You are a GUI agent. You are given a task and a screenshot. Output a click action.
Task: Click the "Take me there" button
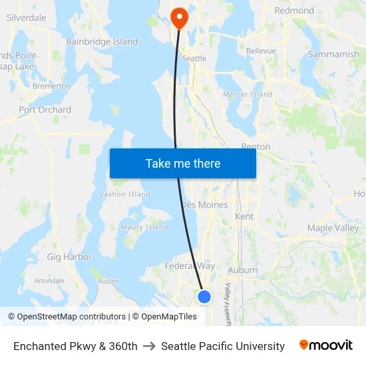(x=183, y=163)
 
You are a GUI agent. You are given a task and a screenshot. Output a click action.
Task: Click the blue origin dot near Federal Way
(x=204, y=297)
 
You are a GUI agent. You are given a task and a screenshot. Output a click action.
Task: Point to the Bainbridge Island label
(x=102, y=41)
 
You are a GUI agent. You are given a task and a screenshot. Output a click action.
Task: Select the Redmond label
(x=294, y=11)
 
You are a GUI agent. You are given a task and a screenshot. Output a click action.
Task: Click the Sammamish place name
(x=333, y=54)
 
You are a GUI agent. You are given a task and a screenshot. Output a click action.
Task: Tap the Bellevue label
(x=261, y=51)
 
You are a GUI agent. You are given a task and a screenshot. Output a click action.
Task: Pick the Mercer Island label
(x=248, y=94)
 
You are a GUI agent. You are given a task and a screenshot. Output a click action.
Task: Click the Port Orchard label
(x=45, y=109)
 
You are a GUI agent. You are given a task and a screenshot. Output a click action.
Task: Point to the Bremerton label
(x=51, y=86)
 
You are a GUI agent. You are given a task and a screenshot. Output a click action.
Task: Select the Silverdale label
(x=27, y=18)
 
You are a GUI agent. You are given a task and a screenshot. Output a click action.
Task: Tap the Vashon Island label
(x=124, y=194)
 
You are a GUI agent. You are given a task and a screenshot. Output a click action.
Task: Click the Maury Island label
(x=144, y=227)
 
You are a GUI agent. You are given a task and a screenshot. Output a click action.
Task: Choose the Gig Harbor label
(x=69, y=256)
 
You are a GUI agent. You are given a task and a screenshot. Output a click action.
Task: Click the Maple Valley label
(x=333, y=228)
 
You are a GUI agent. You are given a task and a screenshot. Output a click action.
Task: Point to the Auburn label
(x=242, y=270)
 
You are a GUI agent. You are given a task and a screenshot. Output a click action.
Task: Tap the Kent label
(x=244, y=216)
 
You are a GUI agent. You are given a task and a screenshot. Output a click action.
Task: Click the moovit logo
(x=325, y=345)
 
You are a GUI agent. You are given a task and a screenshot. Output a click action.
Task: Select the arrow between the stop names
(x=149, y=346)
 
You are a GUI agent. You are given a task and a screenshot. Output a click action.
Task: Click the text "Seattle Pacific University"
(x=222, y=346)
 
